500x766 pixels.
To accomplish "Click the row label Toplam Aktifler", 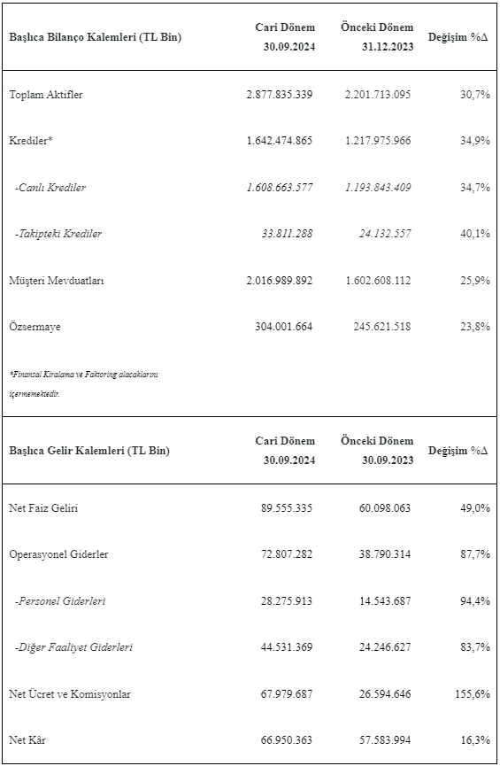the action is click(46, 94).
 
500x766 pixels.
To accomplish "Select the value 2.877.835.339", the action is click(280, 94).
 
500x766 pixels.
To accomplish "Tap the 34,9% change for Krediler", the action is click(475, 141).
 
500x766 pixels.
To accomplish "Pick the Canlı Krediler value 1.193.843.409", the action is click(378, 187).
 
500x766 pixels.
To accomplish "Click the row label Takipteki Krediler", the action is click(58, 234).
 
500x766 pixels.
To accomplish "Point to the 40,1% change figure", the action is click(475, 234).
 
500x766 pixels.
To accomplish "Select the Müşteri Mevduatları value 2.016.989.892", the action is click(280, 281).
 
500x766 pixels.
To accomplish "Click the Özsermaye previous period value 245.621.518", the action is click(382, 327).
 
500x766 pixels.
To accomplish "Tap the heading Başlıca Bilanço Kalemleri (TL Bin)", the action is click(96, 37).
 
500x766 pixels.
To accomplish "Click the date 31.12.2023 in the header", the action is click(388, 46).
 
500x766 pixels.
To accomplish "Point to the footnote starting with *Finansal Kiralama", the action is click(83, 384).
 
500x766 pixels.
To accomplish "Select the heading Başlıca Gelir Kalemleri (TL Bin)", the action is click(89, 451).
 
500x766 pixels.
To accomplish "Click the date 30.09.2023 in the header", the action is click(388, 460).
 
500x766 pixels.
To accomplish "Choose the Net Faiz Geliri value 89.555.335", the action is click(287, 508).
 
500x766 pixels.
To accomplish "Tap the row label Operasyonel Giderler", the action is click(58, 554).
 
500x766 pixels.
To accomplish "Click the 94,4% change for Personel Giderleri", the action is click(475, 601).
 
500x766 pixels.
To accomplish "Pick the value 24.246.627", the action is click(385, 647).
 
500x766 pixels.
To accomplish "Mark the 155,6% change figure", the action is click(473, 693).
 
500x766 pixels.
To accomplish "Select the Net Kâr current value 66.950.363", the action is click(287, 740).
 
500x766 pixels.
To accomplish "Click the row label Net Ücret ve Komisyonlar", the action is click(70, 693).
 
